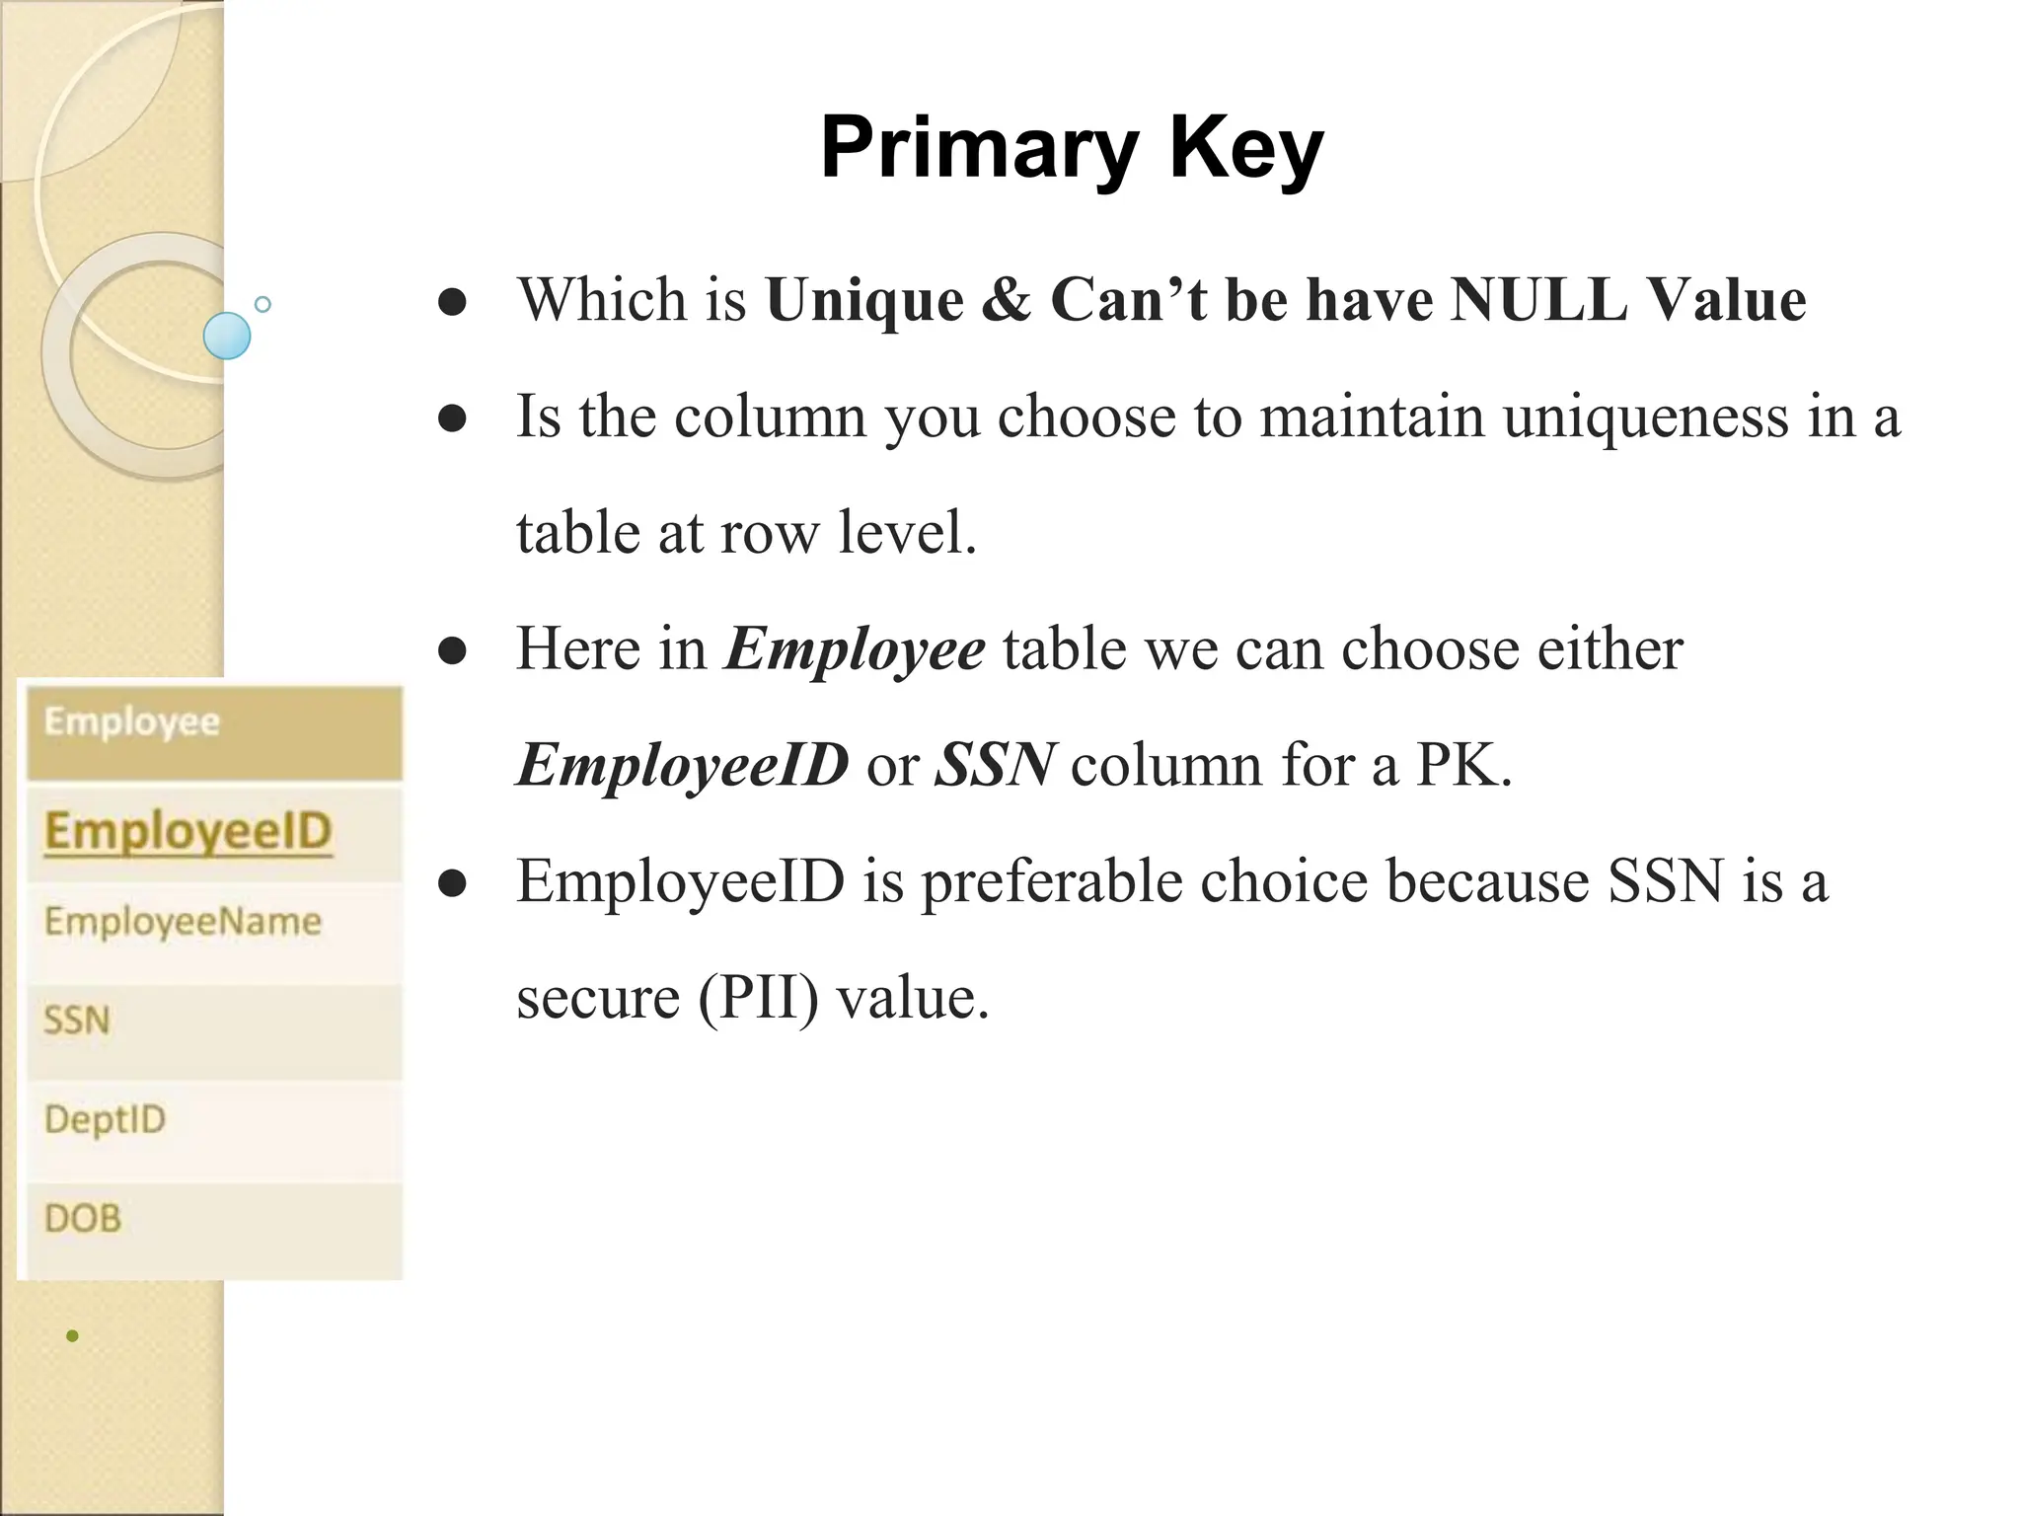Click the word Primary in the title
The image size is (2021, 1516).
[x=977, y=150]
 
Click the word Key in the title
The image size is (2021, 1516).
[x=1245, y=150]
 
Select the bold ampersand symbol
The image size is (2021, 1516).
[x=1006, y=299]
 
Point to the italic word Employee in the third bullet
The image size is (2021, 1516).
[x=855, y=648]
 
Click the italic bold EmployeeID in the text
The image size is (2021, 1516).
[x=682, y=765]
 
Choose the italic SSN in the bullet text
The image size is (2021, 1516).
[x=995, y=765]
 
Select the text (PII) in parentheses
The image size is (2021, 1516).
[x=758, y=997]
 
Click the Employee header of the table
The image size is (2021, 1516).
[x=132, y=722]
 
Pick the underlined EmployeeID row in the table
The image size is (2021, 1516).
[x=187, y=831]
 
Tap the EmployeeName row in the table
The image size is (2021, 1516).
[x=183, y=922]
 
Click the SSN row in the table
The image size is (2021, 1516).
[x=77, y=1021]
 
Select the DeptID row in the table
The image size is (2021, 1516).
[x=105, y=1119]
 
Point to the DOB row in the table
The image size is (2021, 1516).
[x=83, y=1219]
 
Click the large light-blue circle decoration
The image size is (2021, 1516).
[x=227, y=336]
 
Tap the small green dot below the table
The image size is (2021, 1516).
[x=72, y=1336]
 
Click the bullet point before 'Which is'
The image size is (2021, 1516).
[x=452, y=303]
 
